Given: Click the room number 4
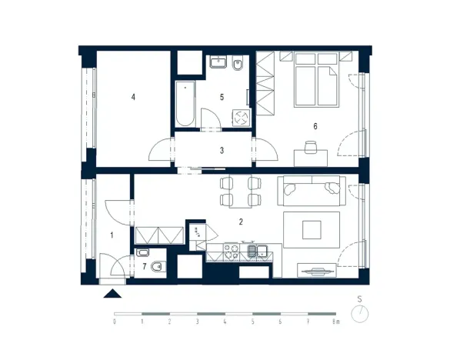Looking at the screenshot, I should [x=133, y=97].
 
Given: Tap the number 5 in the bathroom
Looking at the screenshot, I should [x=221, y=98].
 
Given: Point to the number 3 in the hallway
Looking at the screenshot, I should [x=222, y=151].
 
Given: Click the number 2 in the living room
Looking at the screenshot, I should [x=241, y=222].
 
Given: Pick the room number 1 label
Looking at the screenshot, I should [x=112, y=235].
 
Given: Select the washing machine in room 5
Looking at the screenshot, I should [x=241, y=117].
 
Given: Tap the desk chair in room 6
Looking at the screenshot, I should [x=311, y=145].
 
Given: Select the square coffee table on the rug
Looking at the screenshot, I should [x=312, y=230].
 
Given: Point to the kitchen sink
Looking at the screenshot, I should [x=256, y=251].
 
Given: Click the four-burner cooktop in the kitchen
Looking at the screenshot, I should [x=230, y=251].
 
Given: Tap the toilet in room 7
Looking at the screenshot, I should [x=157, y=267].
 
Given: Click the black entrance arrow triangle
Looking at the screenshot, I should [x=113, y=292].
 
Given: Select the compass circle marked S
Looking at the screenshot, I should [x=359, y=314].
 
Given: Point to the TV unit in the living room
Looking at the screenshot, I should [x=316, y=271].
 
